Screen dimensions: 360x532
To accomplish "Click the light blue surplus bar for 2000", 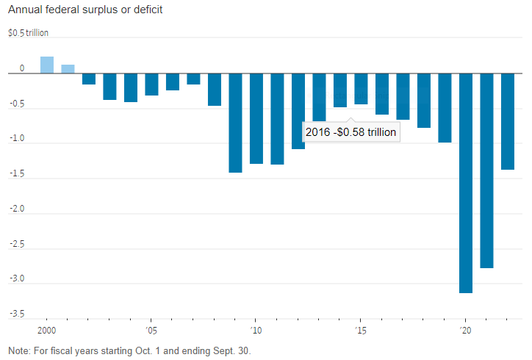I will point(47,65).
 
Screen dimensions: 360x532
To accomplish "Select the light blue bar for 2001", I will point(68,69).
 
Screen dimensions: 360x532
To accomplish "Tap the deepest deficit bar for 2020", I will point(466,183).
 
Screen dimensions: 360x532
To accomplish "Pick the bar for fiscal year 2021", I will point(486,170).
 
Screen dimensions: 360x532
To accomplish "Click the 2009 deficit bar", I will point(235,123).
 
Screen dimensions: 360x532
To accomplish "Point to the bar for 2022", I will point(508,121).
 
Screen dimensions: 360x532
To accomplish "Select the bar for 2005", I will point(151,84).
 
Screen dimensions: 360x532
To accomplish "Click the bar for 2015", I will point(361,89).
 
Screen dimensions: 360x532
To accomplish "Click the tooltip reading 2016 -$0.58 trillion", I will point(351,132).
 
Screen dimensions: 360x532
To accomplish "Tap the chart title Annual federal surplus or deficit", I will point(85,11).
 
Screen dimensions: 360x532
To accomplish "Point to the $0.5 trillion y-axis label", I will point(28,34).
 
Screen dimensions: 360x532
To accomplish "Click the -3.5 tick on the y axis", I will point(15,314).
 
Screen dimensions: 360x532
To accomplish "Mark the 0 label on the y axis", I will point(22,68).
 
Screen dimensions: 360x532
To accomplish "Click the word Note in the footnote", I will point(18,350).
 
